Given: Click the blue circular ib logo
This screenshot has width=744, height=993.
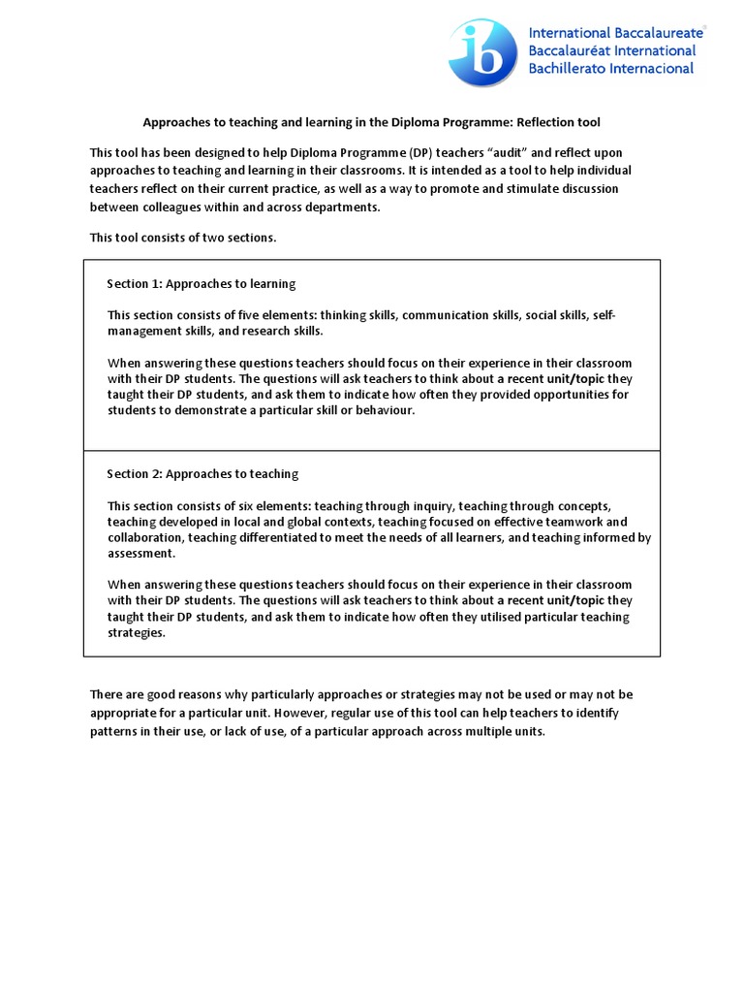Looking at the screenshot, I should (x=482, y=52).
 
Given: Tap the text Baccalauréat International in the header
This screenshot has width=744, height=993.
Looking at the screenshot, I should (x=611, y=50).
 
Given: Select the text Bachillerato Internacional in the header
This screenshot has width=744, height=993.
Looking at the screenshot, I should (x=610, y=68).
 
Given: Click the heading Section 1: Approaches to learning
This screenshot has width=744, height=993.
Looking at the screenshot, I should (x=201, y=284).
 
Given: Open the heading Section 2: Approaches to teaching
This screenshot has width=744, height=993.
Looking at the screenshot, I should (x=202, y=473).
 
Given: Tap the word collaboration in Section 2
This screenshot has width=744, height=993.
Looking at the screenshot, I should (x=144, y=537).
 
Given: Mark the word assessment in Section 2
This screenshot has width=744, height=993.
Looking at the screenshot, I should (x=141, y=554).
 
